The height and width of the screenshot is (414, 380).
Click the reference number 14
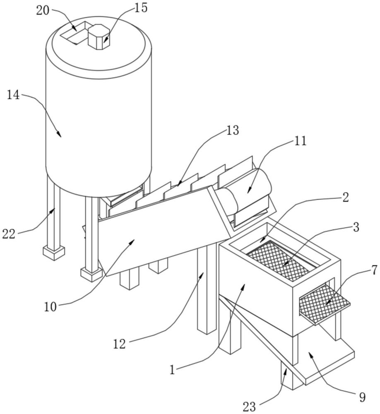click(13, 95)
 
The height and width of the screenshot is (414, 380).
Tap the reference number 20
click(43, 11)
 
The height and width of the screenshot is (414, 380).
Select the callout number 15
click(141, 7)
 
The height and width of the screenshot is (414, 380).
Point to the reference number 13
click(232, 130)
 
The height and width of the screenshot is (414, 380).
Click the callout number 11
click(300, 141)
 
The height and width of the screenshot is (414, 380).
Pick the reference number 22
click(9, 234)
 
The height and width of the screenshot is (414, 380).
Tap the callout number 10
click(51, 307)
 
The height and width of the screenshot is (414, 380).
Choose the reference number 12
click(119, 344)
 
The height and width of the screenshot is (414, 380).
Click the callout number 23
click(249, 407)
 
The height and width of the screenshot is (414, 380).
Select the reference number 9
click(362, 397)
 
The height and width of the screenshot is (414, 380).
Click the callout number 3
click(356, 227)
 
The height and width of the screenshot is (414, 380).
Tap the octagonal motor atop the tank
click(99, 37)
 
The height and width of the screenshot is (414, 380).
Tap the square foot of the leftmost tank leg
click(54, 253)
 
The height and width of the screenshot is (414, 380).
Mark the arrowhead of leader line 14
click(60, 135)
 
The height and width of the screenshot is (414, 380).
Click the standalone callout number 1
click(173, 370)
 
